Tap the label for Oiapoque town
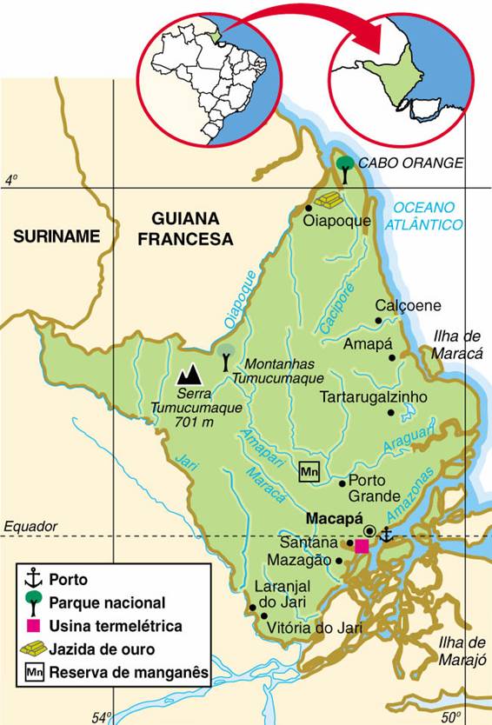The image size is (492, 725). pyautogui.click(x=337, y=221)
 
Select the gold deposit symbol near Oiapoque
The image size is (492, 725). pyautogui.click(x=329, y=200)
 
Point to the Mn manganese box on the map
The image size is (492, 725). pyautogui.click(x=309, y=472)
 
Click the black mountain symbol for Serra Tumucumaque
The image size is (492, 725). pyautogui.click(x=189, y=375)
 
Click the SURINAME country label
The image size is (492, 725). pyautogui.click(x=57, y=236)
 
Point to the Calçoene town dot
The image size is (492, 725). pyautogui.click(x=378, y=321)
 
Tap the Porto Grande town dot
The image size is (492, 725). pyautogui.click(x=342, y=483)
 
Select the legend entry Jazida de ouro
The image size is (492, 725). pyautogui.click(x=102, y=649)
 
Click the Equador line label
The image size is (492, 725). pyautogui.click(x=30, y=526)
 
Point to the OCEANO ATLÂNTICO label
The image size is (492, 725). pyautogui.click(x=426, y=216)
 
